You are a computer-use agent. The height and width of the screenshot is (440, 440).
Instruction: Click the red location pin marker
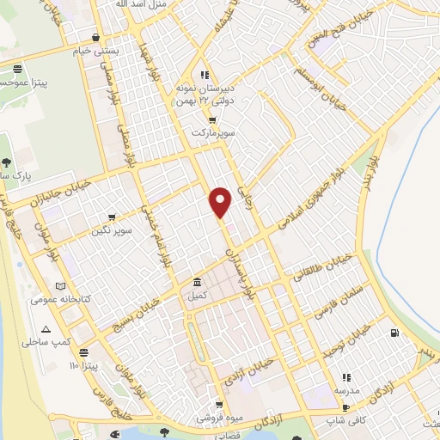pyautogui.click(x=221, y=202)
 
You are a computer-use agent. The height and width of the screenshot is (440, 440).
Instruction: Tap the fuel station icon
pyautogui.click(x=394, y=333)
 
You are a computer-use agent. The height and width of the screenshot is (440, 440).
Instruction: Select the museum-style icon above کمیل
pyautogui.click(x=198, y=282)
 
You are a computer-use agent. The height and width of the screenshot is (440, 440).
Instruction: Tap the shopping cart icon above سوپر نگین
pyautogui.click(x=112, y=217)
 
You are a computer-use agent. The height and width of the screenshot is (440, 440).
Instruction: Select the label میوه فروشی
pyautogui.click(x=218, y=418)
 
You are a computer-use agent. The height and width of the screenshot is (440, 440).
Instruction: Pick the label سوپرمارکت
pyautogui.click(x=213, y=134)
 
